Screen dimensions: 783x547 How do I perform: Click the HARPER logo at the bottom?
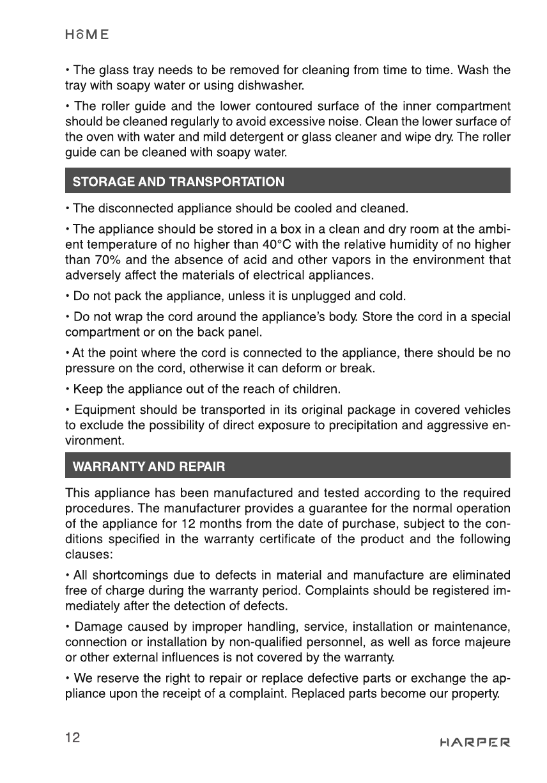(x=475, y=743)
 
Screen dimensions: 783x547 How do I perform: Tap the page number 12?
(x=72, y=738)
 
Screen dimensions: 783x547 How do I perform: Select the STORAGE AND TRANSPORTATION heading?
(x=179, y=182)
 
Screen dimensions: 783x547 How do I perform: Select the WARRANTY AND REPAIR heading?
(x=150, y=466)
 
